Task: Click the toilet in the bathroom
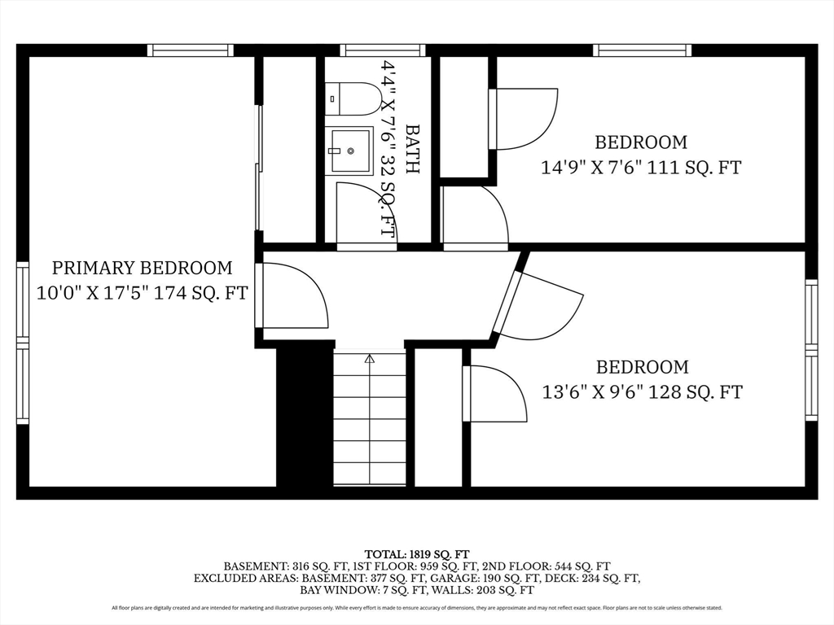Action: tap(353, 98)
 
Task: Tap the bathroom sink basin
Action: tap(349, 151)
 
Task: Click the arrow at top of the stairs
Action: tap(370, 359)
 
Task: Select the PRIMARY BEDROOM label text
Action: tap(142, 267)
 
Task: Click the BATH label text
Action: tap(412, 149)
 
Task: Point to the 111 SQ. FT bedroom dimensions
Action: tap(641, 168)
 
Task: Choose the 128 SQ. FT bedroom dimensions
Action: tap(642, 392)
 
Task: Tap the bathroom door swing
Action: tap(367, 212)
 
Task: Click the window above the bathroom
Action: tap(383, 50)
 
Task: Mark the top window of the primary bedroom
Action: tap(191, 50)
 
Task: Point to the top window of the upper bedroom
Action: tap(643, 50)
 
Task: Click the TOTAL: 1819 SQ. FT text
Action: tap(417, 555)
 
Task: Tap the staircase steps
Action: tap(370, 417)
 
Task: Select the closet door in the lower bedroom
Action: tap(494, 394)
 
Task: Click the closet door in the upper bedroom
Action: tap(524, 119)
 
